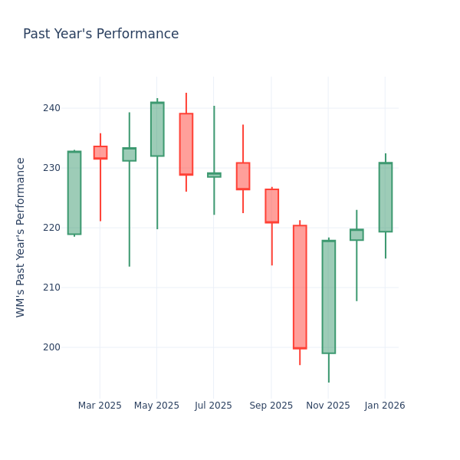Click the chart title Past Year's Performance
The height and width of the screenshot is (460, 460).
(x=100, y=34)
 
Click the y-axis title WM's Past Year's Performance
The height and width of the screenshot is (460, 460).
(x=21, y=237)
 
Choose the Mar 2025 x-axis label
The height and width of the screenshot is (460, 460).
(x=100, y=406)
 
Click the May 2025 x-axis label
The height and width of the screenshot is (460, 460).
(x=156, y=406)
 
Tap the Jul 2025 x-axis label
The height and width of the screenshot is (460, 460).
(x=213, y=406)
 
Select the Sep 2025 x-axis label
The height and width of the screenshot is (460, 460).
(x=271, y=406)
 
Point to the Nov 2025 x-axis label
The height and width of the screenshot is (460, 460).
(x=328, y=406)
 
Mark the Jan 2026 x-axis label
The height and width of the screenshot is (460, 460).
(x=385, y=406)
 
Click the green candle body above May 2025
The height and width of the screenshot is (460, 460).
(x=157, y=129)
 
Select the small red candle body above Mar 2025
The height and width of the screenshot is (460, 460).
(x=100, y=153)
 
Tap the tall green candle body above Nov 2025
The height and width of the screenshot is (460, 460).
(x=329, y=297)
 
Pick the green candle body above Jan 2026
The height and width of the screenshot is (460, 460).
(x=386, y=197)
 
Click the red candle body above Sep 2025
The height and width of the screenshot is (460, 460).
(x=271, y=205)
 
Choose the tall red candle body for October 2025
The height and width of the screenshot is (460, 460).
(x=300, y=287)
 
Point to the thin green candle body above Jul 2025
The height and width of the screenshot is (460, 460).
(x=214, y=175)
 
